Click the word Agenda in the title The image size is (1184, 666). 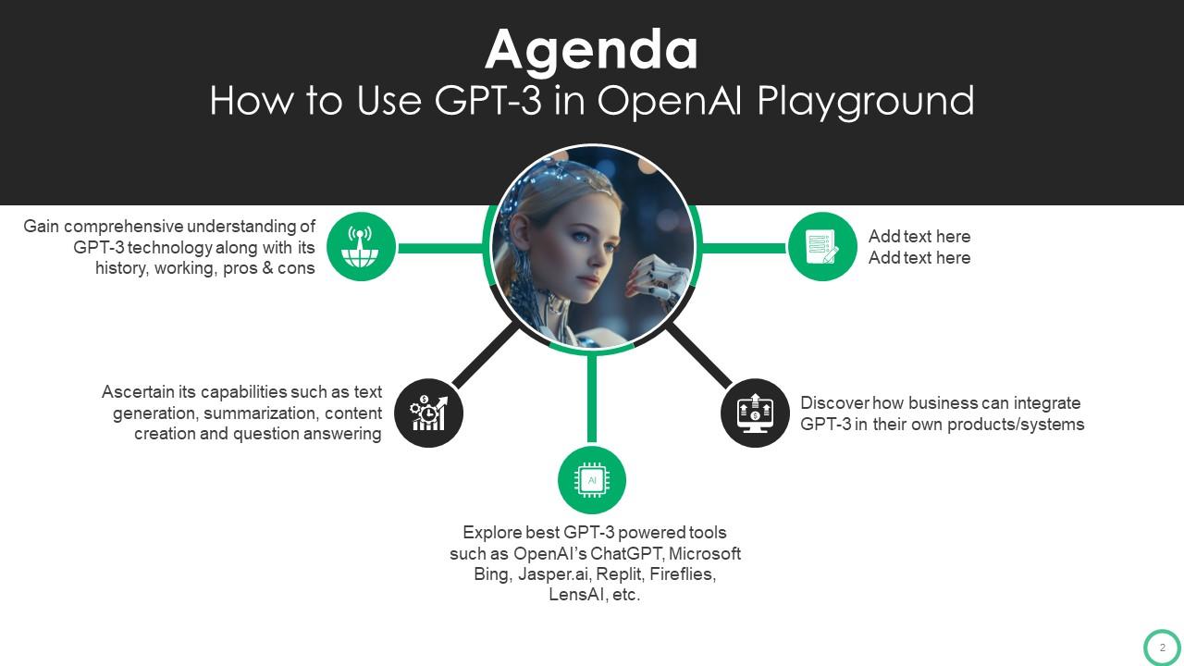pos(591,50)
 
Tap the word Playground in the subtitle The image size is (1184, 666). pos(866,101)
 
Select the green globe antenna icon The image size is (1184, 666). pos(361,247)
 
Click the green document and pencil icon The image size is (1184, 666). pos(822,247)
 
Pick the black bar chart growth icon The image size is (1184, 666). pos(428,413)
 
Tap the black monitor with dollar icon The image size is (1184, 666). pos(755,413)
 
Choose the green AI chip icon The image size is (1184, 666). pos(592,480)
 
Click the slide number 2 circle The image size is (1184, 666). pos(1162,647)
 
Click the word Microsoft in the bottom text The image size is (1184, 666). pos(704,554)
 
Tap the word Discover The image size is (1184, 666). pos(837,403)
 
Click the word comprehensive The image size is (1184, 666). pos(124,227)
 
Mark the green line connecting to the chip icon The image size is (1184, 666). pos(592,398)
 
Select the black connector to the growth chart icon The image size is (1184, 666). pos(485,353)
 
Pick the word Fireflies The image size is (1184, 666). pos(681,574)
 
